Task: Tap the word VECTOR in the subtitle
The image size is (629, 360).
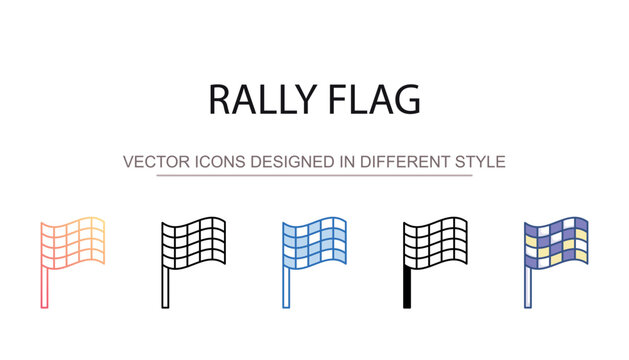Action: pyautogui.click(x=150, y=161)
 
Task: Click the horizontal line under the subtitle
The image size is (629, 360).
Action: pyautogui.click(x=314, y=175)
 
